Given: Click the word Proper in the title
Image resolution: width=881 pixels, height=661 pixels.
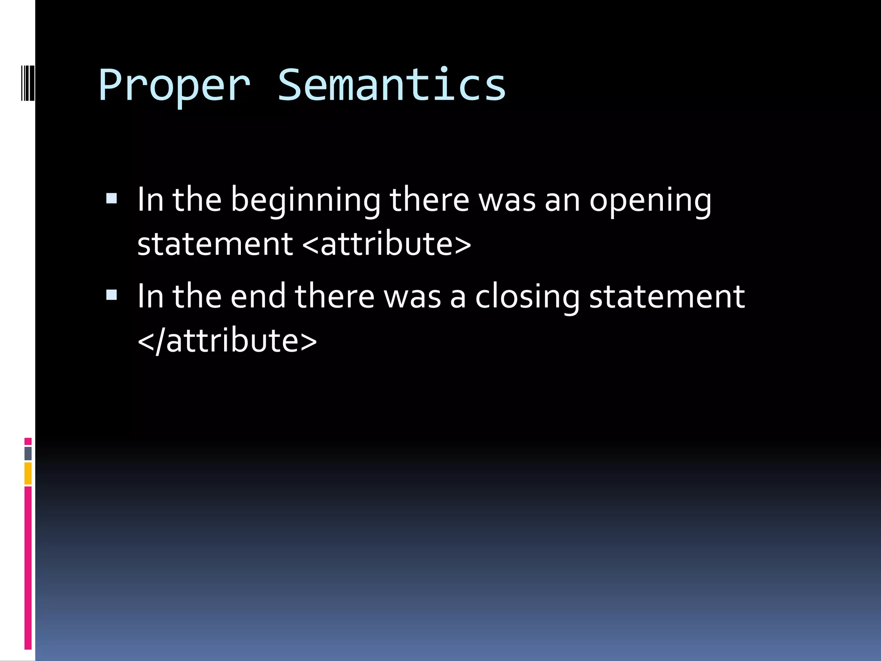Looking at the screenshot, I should pyautogui.click(x=174, y=86).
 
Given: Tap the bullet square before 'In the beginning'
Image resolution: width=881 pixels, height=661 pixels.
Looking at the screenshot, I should pyautogui.click(x=111, y=198).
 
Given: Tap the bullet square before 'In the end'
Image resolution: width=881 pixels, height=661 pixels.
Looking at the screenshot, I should pyautogui.click(x=111, y=295).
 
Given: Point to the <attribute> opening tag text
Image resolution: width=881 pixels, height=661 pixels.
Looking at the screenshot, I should pyautogui.click(x=387, y=244).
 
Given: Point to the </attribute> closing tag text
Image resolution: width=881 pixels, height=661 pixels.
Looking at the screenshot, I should pyautogui.click(x=227, y=341).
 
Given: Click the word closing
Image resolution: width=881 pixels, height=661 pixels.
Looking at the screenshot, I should pyautogui.click(x=527, y=298).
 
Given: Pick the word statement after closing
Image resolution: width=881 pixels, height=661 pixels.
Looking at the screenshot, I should pyautogui.click(x=667, y=297).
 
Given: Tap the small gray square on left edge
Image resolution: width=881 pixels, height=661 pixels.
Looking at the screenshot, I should pyautogui.click(x=28, y=453).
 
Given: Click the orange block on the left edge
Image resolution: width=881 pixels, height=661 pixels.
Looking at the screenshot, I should pyautogui.click(x=28, y=473).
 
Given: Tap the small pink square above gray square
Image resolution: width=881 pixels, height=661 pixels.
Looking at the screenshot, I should pyautogui.click(x=28, y=441).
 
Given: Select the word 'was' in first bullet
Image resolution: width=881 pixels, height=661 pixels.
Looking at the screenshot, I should pyautogui.click(x=507, y=201).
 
